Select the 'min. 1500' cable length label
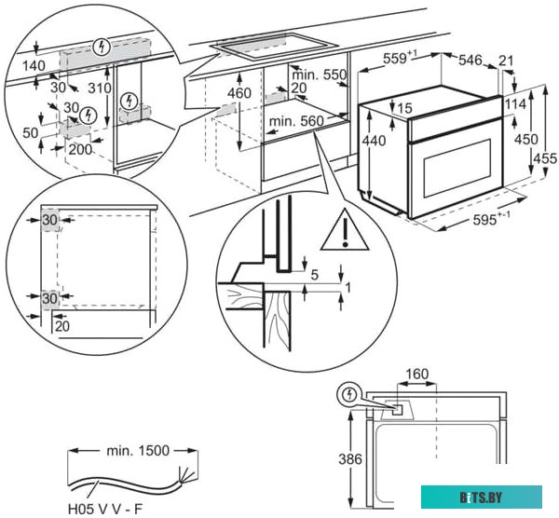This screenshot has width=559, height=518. [x=136, y=451]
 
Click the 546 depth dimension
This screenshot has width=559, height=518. [x=471, y=61]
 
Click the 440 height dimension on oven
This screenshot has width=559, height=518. [x=374, y=142]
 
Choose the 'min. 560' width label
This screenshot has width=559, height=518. [x=296, y=121]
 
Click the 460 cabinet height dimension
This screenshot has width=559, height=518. [x=239, y=94]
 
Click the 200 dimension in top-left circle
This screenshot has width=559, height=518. [x=80, y=149]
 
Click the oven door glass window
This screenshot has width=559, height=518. [x=456, y=168]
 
